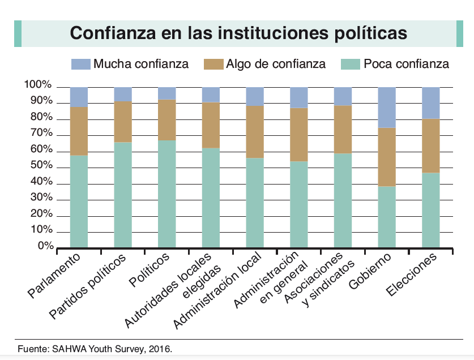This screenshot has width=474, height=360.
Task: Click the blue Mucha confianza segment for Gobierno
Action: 387,108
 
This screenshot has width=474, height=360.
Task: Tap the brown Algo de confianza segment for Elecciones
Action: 431,145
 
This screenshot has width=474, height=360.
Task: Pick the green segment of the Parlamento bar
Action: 79,201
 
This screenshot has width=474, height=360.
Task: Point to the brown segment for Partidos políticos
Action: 123,122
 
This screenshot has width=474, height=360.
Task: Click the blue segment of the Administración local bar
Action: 255,96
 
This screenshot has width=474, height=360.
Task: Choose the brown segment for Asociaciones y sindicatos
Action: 343,129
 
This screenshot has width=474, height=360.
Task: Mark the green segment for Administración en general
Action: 298,204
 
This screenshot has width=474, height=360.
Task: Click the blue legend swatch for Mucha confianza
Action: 80,64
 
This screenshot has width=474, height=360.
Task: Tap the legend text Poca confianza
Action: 406,64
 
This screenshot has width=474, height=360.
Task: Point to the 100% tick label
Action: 39,85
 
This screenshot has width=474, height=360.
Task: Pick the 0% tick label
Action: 44,247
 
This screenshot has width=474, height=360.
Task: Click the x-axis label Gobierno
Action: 371,272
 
